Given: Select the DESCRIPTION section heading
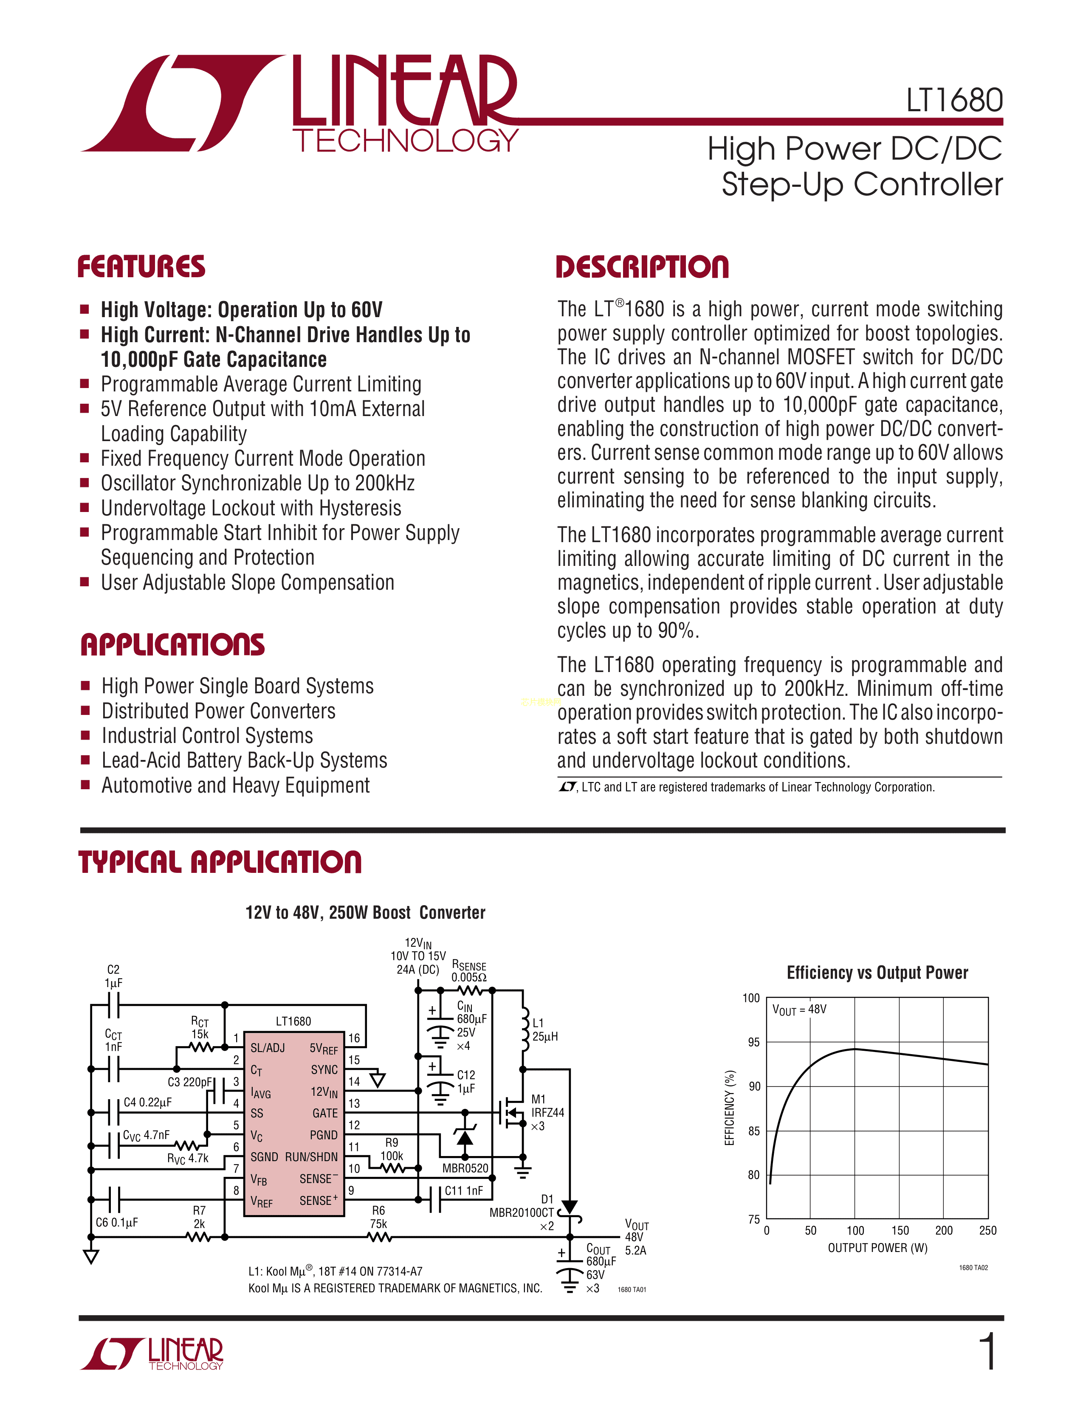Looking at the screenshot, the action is coord(642,267).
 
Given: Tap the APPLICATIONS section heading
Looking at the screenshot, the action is coord(172,645).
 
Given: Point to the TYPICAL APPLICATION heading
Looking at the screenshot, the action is coord(220,861).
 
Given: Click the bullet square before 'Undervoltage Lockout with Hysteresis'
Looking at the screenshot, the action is coord(84,507).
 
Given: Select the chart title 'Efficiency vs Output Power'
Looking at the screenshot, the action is coord(877,973).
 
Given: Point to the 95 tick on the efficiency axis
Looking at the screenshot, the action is coord(753,1042).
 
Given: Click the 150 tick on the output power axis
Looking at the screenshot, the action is coord(900,1230).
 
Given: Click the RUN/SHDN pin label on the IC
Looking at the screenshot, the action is coord(311,1156).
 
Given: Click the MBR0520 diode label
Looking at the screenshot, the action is coord(465,1168).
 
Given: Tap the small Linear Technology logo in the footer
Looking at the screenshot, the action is coord(152,1353).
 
